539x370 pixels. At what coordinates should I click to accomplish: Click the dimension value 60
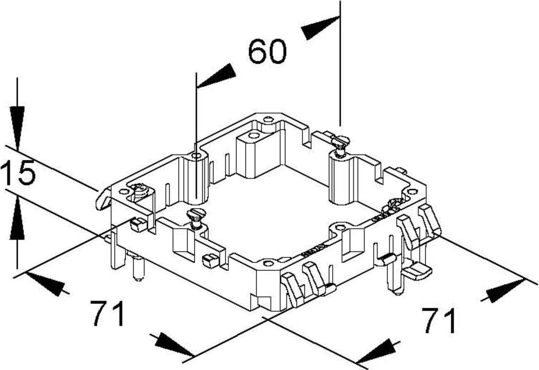point(267,51)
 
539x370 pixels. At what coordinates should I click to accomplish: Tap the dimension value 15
point(18,172)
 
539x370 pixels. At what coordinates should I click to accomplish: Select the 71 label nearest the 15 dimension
point(108,314)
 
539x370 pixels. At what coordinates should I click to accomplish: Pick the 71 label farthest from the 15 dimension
point(439,320)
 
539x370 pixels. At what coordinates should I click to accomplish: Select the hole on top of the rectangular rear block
point(253,135)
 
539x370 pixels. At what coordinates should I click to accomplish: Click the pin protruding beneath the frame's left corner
point(138,267)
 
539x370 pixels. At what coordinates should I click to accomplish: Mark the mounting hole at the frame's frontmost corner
point(269,263)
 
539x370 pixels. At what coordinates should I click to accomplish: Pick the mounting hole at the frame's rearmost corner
point(268,120)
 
